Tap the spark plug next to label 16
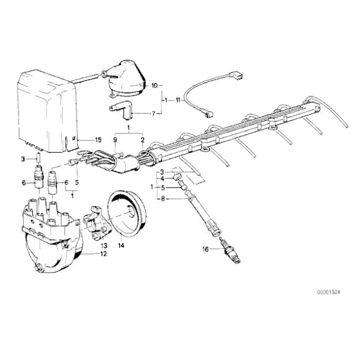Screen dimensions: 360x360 tap(233, 253)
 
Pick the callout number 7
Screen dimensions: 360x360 tap(155, 114)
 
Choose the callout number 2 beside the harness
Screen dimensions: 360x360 tap(143, 141)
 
